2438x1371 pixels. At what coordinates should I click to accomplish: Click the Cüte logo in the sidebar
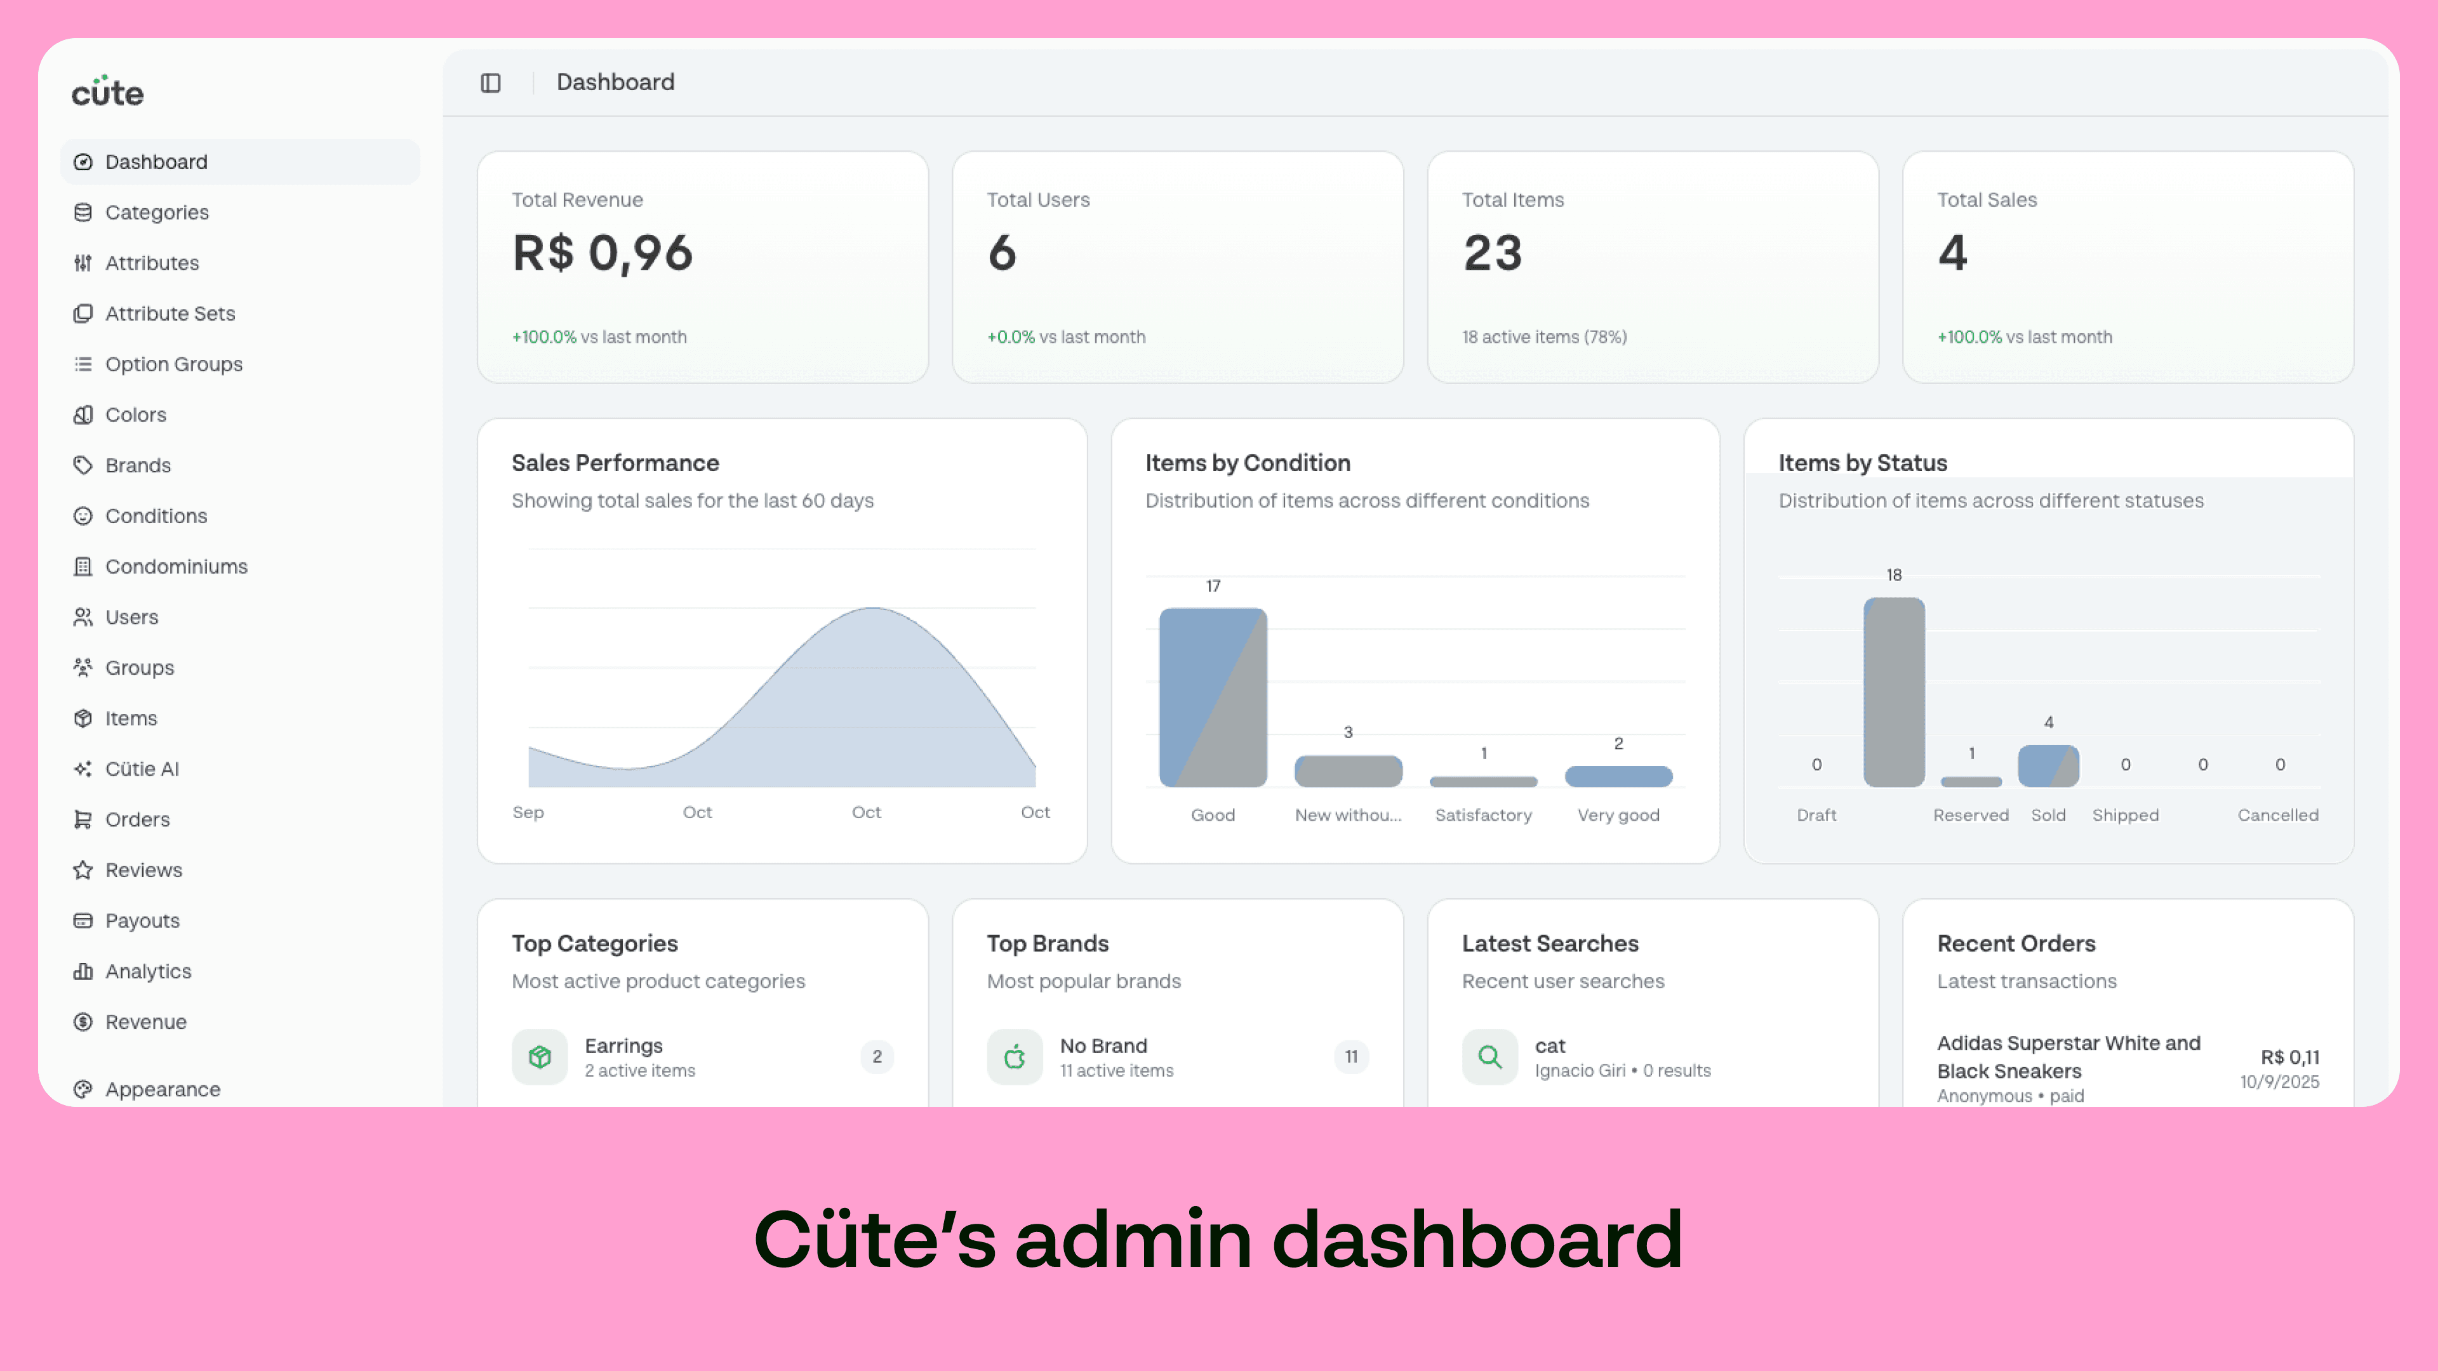click(107, 92)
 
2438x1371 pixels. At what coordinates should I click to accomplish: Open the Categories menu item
click(156, 212)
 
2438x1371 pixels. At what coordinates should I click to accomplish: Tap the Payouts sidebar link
click(142, 920)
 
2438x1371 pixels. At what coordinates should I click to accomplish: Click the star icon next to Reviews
click(83, 870)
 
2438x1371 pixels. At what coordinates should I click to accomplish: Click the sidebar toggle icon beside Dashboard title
click(490, 83)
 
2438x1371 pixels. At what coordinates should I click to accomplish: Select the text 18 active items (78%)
click(1543, 337)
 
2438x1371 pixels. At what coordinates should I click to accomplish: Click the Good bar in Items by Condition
click(1213, 698)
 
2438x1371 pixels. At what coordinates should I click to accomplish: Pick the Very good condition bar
click(1618, 776)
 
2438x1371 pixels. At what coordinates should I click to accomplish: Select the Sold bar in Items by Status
click(2048, 765)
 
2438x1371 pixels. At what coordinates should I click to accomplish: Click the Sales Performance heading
click(615, 463)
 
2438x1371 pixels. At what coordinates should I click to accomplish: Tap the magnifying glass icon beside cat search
click(1489, 1056)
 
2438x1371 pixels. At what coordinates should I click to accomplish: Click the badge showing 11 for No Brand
click(1350, 1056)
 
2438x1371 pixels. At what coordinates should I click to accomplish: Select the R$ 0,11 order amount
click(2289, 1057)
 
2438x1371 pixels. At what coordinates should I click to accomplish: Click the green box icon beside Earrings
click(540, 1056)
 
